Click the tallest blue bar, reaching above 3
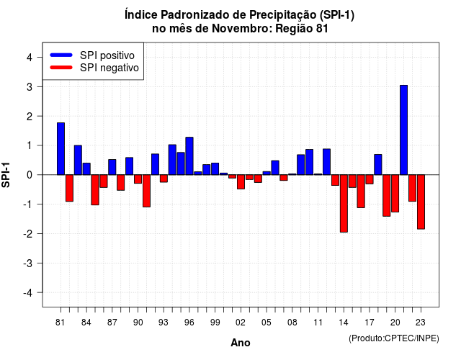pos(403,130)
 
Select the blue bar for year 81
pos(61,149)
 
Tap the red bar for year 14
pos(344,203)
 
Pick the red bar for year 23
pos(421,202)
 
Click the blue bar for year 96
pos(189,156)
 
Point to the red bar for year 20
pos(395,193)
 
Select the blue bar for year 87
pos(112,167)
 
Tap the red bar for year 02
pos(241,181)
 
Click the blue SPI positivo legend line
pos(61,55)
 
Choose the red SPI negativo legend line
pos(61,68)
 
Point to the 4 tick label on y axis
pos(30,58)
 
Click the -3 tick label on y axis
pos(28,264)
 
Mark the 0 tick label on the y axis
pos(30,175)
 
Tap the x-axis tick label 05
pos(267,323)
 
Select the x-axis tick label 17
pos(370,323)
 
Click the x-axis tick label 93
pos(164,323)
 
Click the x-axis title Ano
pos(241,343)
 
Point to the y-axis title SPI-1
pos(6,175)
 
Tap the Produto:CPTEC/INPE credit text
pos(394,338)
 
